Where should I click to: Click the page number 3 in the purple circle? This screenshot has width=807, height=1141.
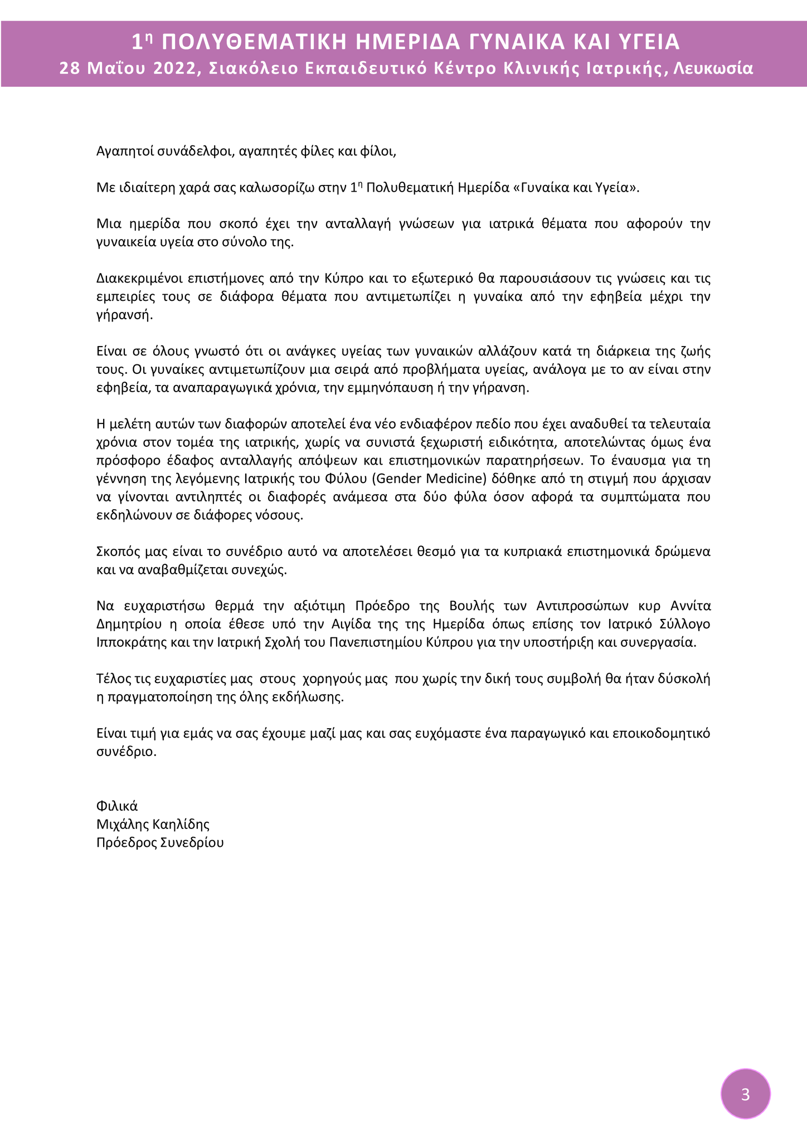coord(746,1095)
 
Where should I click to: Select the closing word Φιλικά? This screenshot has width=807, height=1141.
coord(117,806)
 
